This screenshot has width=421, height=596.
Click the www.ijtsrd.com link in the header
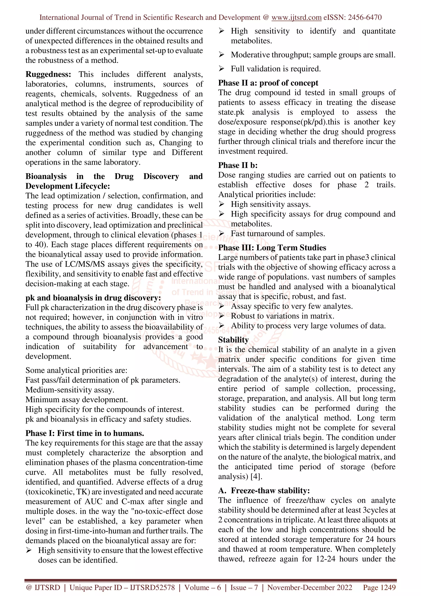(296, 18)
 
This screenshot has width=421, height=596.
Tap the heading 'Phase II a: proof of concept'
(268, 83)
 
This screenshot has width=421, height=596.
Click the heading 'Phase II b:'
(238, 165)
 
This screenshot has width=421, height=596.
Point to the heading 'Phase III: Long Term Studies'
(272, 248)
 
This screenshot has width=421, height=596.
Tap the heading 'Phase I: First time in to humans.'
(84, 433)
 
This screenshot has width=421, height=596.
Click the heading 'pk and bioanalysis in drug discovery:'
(93, 298)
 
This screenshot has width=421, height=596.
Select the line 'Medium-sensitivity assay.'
(70, 390)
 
